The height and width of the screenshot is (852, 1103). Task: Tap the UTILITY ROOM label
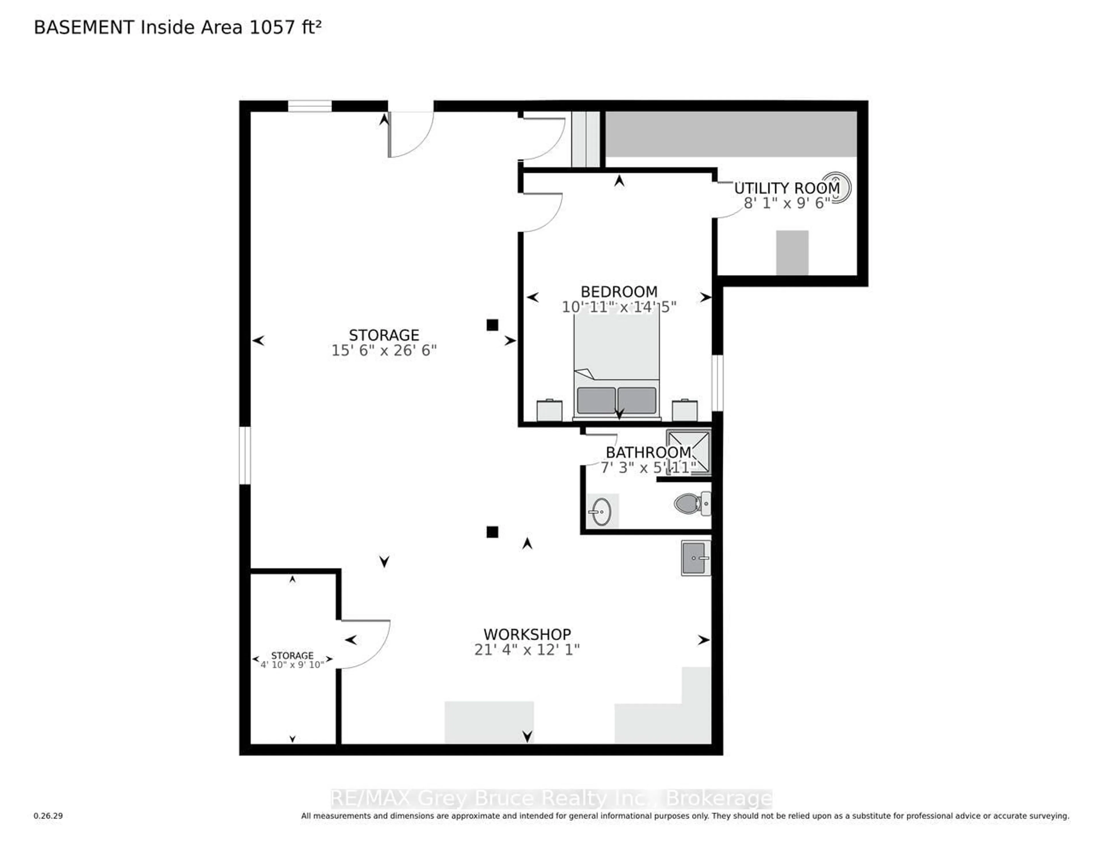[x=786, y=188]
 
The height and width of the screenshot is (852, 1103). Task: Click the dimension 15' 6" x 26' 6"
[x=384, y=350]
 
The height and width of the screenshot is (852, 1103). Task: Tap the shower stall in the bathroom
[x=688, y=452]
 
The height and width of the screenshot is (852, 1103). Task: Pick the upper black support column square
[x=492, y=325]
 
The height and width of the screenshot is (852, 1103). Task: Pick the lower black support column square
[x=492, y=532]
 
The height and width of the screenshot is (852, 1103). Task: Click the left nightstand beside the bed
[x=549, y=410]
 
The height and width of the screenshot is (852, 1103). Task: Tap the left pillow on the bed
[x=596, y=400]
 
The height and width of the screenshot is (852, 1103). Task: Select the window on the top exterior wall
[x=310, y=106]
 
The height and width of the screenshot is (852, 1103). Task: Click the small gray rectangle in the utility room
[x=792, y=252]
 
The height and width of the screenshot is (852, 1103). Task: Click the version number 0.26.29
[x=48, y=816]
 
